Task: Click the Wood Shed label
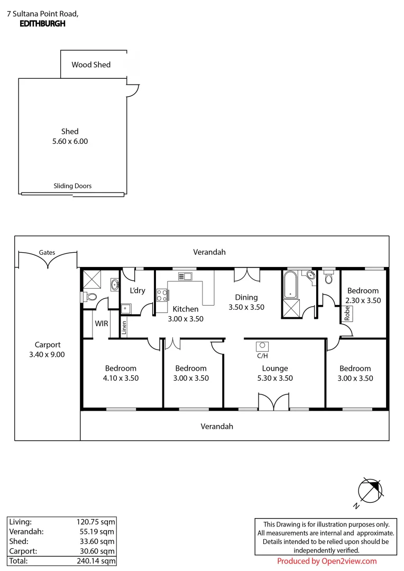click(x=91, y=65)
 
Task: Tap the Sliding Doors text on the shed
click(x=72, y=186)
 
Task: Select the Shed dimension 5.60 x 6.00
click(x=69, y=141)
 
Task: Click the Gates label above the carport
click(x=47, y=253)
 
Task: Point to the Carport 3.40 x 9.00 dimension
click(x=47, y=355)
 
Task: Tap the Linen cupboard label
click(x=124, y=329)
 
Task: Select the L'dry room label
click(x=137, y=291)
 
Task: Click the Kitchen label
click(x=186, y=309)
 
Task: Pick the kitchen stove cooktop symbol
click(x=162, y=295)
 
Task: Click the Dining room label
click(x=246, y=298)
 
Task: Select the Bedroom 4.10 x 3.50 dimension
click(x=121, y=378)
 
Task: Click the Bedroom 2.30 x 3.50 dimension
click(x=363, y=300)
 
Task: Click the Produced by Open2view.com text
click(x=327, y=561)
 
